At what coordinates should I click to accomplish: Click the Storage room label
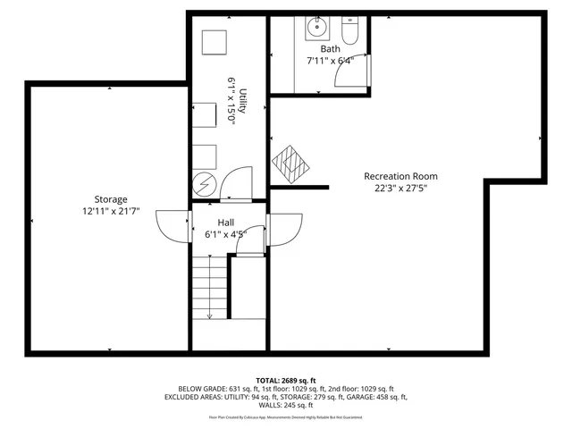pyautogui.click(x=112, y=199)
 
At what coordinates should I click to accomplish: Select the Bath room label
pyautogui.click(x=331, y=49)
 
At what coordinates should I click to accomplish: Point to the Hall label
pyautogui.click(x=226, y=222)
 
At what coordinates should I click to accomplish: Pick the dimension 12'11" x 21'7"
pyautogui.click(x=112, y=212)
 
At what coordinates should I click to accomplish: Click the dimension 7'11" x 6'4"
pyautogui.click(x=330, y=61)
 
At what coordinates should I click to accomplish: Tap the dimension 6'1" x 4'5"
pyautogui.click(x=225, y=235)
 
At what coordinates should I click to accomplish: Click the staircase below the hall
pyautogui.click(x=210, y=286)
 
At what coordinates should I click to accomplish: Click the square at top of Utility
pyautogui.click(x=212, y=42)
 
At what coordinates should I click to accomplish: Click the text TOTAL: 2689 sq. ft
pyautogui.click(x=286, y=380)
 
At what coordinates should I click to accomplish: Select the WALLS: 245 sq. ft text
pyautogui.click(x=286, y=406)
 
